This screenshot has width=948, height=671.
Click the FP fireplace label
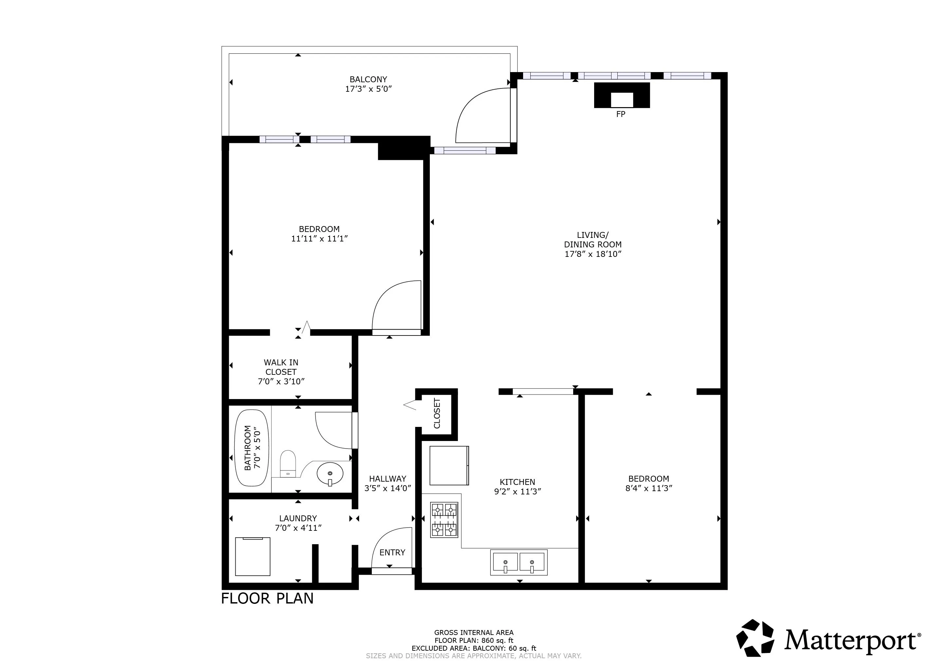[621, 114]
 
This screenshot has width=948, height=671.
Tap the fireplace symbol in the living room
[622, 95]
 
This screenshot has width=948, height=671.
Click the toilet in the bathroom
[288, 464]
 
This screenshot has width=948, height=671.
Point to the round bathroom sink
[330, 474]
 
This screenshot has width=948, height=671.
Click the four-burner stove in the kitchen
[444, 520]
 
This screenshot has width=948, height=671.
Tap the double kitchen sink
[519, 562]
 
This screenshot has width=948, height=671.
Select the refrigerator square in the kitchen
[449, 466]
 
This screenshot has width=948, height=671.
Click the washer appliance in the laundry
[252, 557]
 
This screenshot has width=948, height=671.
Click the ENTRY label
[392, 553]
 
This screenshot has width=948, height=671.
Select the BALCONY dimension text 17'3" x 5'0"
[368, 89]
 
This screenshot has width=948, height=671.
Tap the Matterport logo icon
[755, 638]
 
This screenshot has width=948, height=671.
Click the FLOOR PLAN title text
[267, 599]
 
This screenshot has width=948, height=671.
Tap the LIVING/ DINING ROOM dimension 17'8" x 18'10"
[593, 254]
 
